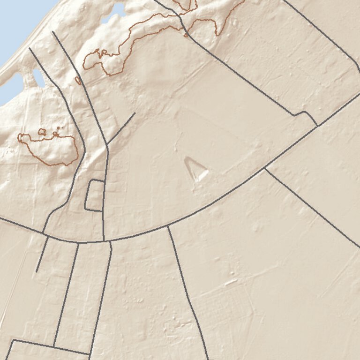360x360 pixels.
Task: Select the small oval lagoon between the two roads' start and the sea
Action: (x=38, y=78)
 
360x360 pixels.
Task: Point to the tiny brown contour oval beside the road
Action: (x=78, y=81)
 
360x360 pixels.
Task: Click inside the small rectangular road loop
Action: (x=95, y=195)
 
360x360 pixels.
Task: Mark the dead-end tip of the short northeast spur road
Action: (x=135, y=112)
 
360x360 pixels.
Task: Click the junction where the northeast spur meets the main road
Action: (x=107, y=144)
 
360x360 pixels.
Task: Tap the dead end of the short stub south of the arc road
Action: (x=37, y=271)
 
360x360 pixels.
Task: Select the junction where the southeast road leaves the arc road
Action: (x=265, y=168)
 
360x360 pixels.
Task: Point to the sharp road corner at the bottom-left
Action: (x=12, y=340)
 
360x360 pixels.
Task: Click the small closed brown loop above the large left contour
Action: (x=42, y=132)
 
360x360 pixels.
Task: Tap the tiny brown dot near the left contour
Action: (x=59, y=127)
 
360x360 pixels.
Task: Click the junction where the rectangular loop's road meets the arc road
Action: (x=104, y=241)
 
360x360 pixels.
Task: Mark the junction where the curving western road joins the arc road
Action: (x=44, y=233)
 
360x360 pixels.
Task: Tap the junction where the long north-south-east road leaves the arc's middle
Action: (x=168, y=226)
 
